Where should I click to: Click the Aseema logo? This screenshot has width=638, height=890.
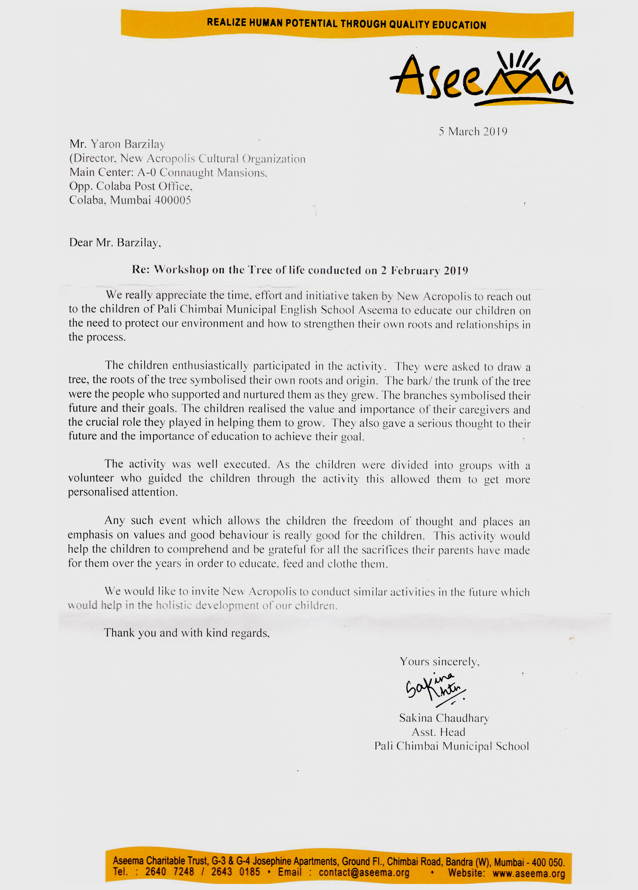click(481, 79)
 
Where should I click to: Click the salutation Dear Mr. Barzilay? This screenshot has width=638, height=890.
click(115, 242)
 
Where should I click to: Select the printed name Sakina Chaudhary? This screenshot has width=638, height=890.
click(444, 718)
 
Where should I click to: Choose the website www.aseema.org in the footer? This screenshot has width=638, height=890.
click(529, 873)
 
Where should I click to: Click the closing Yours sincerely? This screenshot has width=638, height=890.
click(439, 662)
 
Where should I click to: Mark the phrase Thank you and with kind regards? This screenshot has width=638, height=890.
click(186, 633)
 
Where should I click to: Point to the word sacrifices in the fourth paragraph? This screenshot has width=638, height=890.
click(378, 550)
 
